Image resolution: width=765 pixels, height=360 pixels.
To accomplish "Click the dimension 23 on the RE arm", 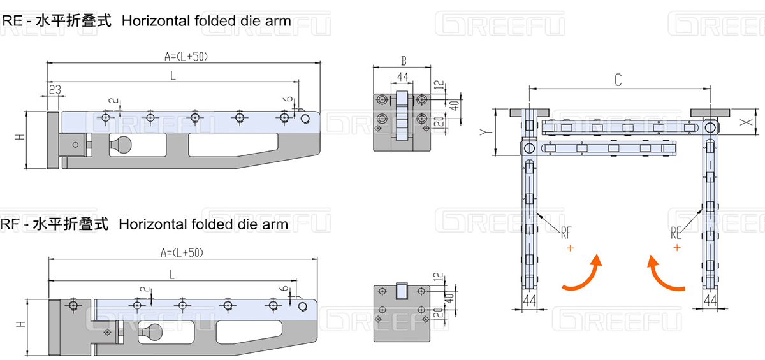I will click(x=54, y=90).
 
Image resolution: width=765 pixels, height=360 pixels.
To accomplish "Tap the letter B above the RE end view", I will click(x=403, y=61).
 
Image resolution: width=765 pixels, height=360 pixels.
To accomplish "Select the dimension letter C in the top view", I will click(x=618, y=80).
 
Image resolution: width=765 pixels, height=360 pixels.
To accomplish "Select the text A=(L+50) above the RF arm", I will click(x=181, y=252).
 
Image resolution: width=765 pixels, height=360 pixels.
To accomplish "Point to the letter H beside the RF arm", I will click(x=21, y=325).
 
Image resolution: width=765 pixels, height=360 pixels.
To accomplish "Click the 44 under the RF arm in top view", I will click(x=529, y=299).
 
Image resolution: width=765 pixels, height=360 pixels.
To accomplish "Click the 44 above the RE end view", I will click(x=402, y=77).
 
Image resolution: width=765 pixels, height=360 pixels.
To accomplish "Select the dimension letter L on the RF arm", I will click(x=171, y=273).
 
